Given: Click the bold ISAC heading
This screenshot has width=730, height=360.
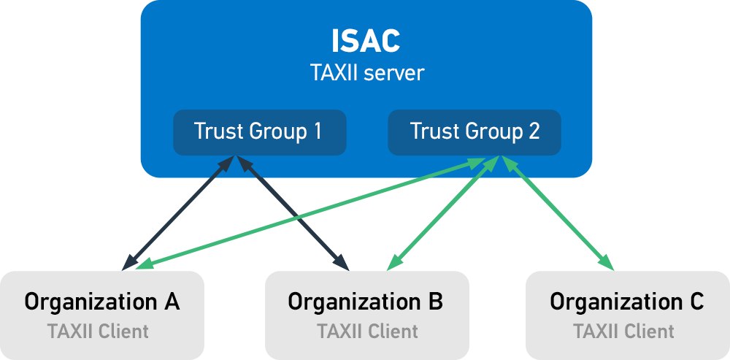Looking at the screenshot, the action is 366,42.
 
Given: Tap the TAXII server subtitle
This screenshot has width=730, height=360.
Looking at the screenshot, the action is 366,74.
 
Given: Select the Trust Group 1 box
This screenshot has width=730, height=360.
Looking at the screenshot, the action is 258,132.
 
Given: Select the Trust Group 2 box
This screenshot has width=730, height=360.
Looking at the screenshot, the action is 474,132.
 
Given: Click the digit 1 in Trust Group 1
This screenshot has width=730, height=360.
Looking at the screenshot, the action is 316,131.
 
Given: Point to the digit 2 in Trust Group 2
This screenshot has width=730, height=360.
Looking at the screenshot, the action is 534,131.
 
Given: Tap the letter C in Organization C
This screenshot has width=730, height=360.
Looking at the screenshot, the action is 696,301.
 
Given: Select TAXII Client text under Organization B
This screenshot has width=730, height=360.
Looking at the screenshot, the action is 367,332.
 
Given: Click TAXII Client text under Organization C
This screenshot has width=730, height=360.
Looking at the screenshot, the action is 624,332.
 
